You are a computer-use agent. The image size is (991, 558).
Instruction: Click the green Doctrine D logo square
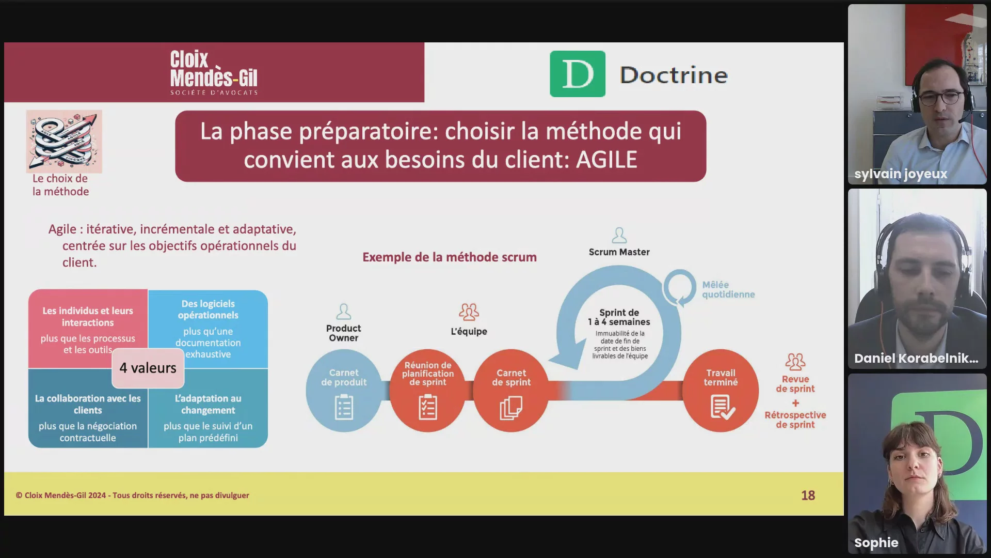coord(578,74)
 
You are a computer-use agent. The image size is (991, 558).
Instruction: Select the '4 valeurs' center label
coord(148,368)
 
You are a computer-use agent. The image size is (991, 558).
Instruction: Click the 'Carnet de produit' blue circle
coord(344,391)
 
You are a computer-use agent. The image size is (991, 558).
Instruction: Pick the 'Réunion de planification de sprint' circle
coord(428,391)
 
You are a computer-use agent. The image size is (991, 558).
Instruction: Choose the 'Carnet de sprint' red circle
coord(512,391)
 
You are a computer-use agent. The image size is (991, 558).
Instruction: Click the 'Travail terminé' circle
coord(721,391)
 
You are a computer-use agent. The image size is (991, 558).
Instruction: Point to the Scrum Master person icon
coord(619,236)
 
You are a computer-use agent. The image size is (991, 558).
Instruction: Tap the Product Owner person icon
coord(344,312)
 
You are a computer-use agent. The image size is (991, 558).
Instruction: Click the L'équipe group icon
coord(469,312)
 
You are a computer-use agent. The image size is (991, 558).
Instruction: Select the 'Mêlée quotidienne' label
coord(728,289)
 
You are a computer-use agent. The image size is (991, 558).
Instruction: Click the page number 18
coord(808,495)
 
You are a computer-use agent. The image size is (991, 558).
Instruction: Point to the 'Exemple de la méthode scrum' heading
coord(450,257)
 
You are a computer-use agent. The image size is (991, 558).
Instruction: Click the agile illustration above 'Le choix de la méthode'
coord(64,141)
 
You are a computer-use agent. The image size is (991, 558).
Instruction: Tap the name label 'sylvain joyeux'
coord(901,174)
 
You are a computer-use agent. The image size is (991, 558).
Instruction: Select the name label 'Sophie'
coord(876,542)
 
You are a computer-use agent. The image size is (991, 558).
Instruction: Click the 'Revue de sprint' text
coord(795,384)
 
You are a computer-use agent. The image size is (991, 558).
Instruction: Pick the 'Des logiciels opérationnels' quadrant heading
coord(208,309)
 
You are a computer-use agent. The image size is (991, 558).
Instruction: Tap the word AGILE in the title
coord(606,160)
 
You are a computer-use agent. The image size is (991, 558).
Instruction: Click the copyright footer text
coord(133,495)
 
